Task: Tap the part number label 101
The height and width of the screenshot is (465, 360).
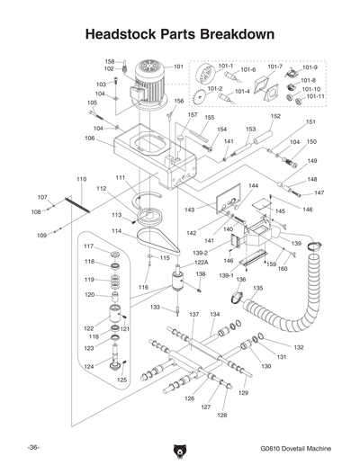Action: pos(178,67)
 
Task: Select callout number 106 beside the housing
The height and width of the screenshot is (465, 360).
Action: pos(90,139)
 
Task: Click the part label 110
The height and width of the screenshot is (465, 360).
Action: pos(81,180)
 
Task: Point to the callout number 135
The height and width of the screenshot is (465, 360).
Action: pos(258,288)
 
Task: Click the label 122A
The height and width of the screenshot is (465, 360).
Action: pos(201,263)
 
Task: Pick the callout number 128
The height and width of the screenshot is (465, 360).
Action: pos(222,415)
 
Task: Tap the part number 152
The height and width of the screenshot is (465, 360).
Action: pos(275,116)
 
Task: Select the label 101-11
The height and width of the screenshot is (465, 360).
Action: pos(313,96)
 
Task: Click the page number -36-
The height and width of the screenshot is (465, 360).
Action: pos(32,447)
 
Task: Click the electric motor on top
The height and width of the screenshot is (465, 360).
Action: pos(151,83)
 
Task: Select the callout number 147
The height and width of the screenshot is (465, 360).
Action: pos(319,192)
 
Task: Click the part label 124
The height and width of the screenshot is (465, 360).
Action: pos(89,366)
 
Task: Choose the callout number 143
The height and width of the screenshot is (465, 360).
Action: pos(191,210)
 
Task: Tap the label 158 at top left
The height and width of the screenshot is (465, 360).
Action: pos(109,60)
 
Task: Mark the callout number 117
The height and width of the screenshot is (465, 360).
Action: pos(89,246)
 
